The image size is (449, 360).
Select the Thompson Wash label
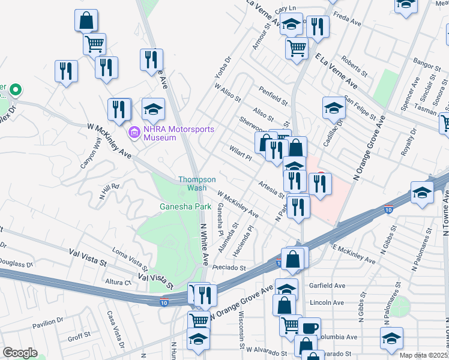click(x=197, y=183)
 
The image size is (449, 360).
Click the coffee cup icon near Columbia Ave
click(x=310, y=328)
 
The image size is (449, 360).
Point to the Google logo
click(x=20, y=353)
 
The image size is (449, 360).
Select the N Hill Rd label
click(x=110, y=191)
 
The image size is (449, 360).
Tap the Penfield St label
click(x=270, y=94)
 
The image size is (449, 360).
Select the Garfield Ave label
click(x=327, y=286)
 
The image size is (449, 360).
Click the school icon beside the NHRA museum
click(x=154, y=109)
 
